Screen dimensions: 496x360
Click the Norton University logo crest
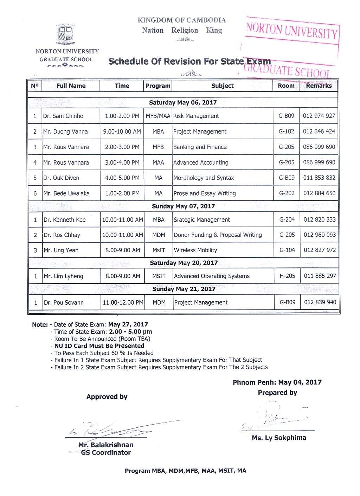point(66,34)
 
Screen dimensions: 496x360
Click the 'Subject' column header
point(222,86)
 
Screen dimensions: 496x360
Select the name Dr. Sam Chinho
point(63,116)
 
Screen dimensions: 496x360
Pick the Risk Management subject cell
point(196,116)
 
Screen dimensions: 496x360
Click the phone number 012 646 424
point(319,132)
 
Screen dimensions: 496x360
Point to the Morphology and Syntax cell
point(204,178)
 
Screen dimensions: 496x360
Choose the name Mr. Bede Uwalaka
point(66,193)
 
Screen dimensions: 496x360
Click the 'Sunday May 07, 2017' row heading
point(183,206)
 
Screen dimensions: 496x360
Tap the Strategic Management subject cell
point(202,220)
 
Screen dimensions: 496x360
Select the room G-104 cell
point(287,250)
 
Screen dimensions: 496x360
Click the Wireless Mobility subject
point(195,250)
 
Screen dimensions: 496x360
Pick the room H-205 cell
point(287,276)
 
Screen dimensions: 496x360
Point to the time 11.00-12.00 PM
point(123,303)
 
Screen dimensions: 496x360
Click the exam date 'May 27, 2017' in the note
point(128,325)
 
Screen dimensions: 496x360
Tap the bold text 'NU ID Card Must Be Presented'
point(99,346)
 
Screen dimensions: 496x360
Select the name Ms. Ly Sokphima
point(279,438)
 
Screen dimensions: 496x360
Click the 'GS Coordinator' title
point(106,453)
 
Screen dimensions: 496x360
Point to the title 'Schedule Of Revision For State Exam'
point(189,62)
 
